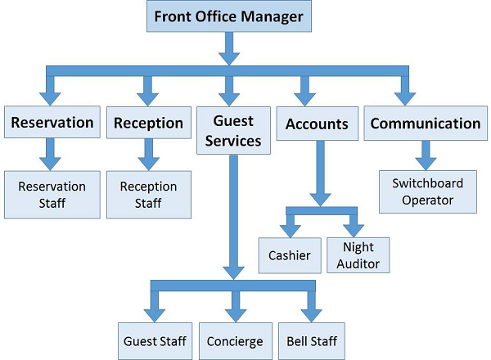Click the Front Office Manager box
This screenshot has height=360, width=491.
tap(230, 16)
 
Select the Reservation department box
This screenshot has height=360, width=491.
tap(52, 124)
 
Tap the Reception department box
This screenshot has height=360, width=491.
tap(148, 124)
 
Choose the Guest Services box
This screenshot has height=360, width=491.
tap(232, 131)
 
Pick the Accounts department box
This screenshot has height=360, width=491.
tap(317, 124)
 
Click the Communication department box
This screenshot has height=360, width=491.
tap(426, 124)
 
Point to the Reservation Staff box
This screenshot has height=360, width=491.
tap(52, 195)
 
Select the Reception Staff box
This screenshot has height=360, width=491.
tap(148, 195)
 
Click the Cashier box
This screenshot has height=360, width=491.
tap(290, 255)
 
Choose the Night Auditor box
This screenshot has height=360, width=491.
tap(358, 255)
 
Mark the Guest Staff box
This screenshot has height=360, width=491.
tap(155, 340)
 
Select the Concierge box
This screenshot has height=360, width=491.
tap(235, 340)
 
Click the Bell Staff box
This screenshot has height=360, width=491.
tap(309, 340)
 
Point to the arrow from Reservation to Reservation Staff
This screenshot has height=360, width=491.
tap(51, 154)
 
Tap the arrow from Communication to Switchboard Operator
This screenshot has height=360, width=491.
tap(425, 154)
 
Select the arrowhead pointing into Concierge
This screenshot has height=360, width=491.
tap(235, 311)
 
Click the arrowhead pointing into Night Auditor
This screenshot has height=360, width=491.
tap(353, 226)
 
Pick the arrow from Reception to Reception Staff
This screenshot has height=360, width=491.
tap(148, 154)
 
